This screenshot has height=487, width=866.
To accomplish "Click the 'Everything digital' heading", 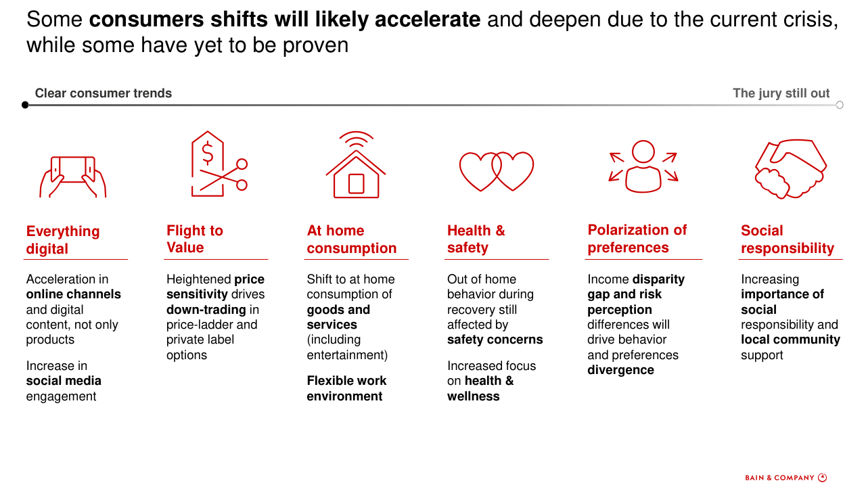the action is click(x=63, y=239).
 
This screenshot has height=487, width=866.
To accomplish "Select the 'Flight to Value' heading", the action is click(x=195, y=239).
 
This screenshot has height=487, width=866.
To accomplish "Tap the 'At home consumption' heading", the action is click(x=352, y=239).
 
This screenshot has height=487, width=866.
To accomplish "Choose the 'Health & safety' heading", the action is click(x=476, y=239).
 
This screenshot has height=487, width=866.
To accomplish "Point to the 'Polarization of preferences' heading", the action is click(x=637, y=239).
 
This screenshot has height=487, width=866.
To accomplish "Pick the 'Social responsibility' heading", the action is click(x=788, y=239).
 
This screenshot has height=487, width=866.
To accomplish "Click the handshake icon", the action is click(x=791, y=169).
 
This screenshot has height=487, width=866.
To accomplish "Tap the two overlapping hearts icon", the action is click(x=497, y=171).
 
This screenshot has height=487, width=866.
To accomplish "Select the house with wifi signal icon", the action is click(x=356, y=164).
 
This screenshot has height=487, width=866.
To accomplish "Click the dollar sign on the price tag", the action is click(x=208, y=152).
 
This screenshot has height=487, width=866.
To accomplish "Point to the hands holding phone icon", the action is click(x=72, y=177).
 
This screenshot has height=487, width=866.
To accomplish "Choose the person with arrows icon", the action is click(x=643, y=166).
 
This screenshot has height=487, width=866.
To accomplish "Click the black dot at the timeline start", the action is click(x=25, y=105).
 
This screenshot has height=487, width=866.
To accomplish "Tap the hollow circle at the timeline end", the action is click(x=840, y=105).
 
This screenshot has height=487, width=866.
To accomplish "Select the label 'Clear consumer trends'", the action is click(x=104, y=93).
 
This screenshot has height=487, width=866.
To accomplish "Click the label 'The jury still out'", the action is click(x=781, y=93).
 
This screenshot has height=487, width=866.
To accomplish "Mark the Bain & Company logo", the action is click(x=786, y=478).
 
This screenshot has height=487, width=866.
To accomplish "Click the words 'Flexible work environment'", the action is click(x=346, y=388).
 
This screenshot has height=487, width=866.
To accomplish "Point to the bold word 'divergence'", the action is click(x=620, y=370).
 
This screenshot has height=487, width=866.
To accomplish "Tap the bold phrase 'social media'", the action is click(x=64, y=381).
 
